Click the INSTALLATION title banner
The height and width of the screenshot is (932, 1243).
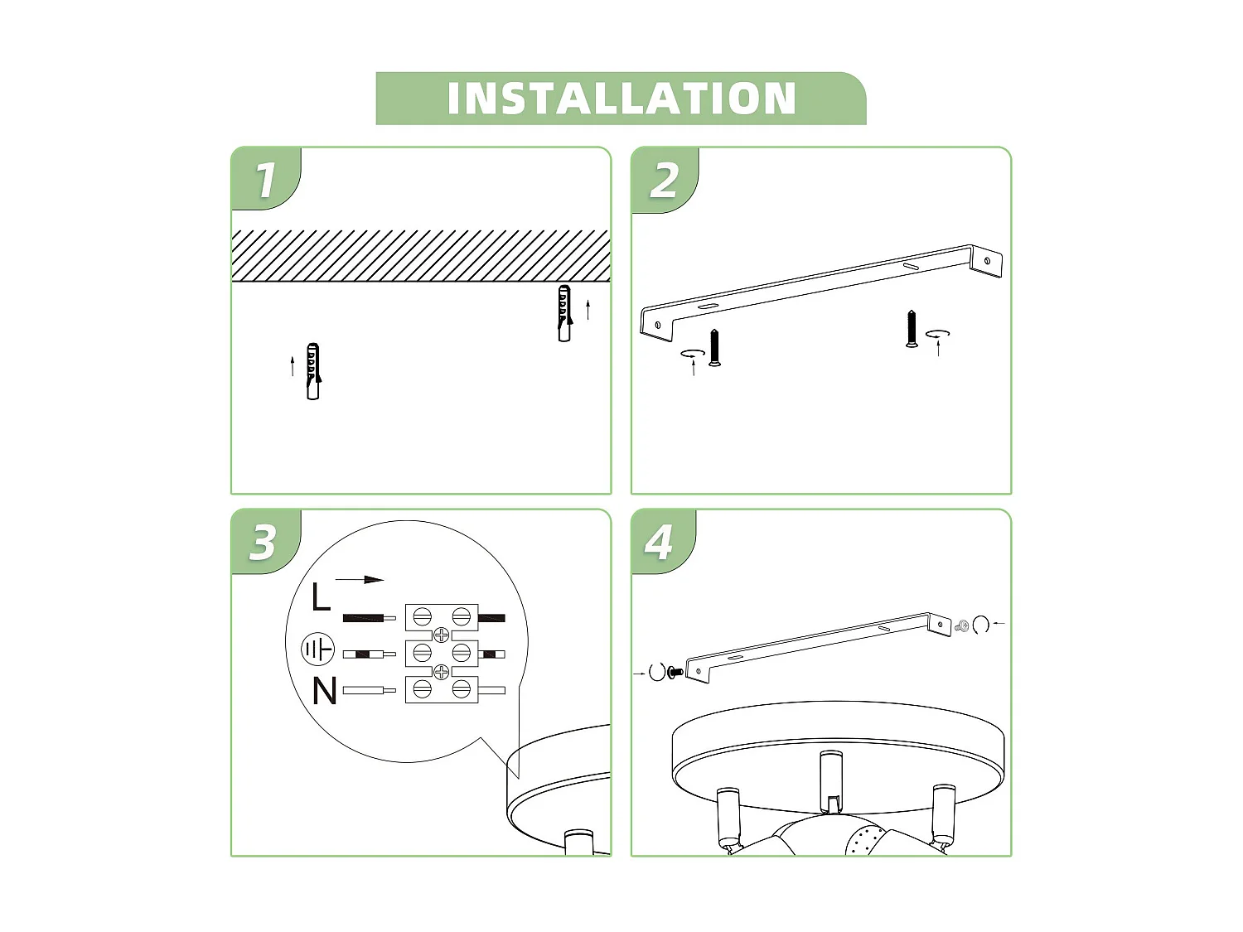click(621, 99)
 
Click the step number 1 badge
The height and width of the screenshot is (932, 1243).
click(265, 180)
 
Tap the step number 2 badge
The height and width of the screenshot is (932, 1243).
click(664, 180)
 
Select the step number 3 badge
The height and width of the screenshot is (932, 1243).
click(264, 542)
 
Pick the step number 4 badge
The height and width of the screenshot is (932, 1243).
click(660, 542)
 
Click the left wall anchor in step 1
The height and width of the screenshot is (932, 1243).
click(312, 372)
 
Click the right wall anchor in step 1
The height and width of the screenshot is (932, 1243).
click(564, 314)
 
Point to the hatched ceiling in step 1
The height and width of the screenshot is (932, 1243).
click(420, 256)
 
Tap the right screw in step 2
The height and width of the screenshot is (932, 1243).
click(912, 329)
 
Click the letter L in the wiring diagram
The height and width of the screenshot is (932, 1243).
click(321, 597)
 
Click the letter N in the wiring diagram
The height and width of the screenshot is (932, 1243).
click(324, 691)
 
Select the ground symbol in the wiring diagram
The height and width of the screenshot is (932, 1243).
click(317, 650)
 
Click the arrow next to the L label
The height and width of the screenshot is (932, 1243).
click(360, 580)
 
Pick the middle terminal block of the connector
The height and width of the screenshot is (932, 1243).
click(442, 654)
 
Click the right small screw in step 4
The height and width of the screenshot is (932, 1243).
click(963, 626)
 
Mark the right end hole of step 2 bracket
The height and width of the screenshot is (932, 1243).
click(986, 260)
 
